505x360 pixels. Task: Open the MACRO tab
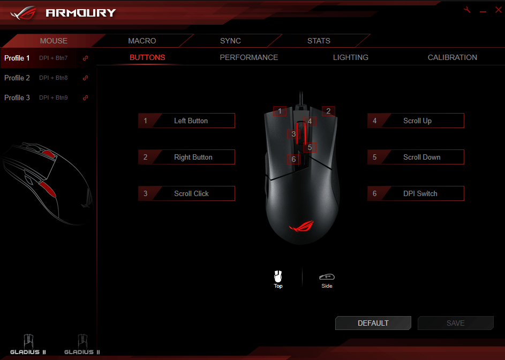pyautogui.click(x=142, y=41)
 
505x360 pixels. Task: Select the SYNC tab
pyautogui.click(x=230, y=41)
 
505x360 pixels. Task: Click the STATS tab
pyautogui.click(x=319, y=41)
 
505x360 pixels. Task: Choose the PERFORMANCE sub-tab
pyautogui.click(x=249, y=57)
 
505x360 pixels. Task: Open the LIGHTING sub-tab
pyautogui.click(x=351, y=57)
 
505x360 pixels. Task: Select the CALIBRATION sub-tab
pyautogui.click(x=453, y=57)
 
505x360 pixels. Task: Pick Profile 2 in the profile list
pyautogui.click(x=17, y=78)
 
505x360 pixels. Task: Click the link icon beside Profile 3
pyautogui.click(x=85, y=97)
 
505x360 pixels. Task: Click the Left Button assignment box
pyautogui.click(x=186, y=121)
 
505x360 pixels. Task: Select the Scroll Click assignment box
pyautogui.click(x=186, y=193)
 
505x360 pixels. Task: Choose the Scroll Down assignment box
pyautogui.click(x=416, y=157)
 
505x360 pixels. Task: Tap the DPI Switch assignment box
pyautogui.click(x=416, y=193)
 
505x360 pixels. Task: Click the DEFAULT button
pyautogui.click(x=373, y=323)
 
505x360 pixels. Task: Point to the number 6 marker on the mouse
pyautogui.click(x=293, y=159)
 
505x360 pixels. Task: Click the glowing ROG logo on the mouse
pyautogui.click(x=302, y=226)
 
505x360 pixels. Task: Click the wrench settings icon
pyautogui.click(x=467, y=10)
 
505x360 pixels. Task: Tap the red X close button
pyautogui.click(x=498, y=10)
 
